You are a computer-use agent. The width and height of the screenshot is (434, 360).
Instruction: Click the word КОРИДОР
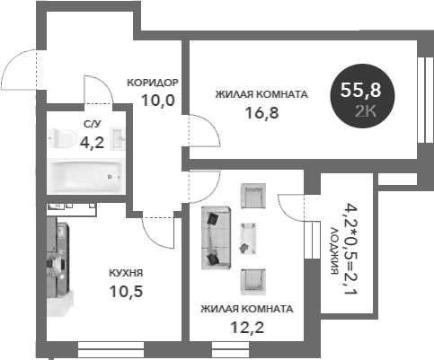(153, 83)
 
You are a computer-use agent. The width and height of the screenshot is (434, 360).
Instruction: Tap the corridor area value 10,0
(158, 101)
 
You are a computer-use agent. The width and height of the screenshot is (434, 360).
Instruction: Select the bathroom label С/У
(93, 124)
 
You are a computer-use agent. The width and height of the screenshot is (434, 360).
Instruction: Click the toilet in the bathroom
(62, 138)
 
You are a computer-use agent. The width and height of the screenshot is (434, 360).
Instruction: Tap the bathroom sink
(118, 139)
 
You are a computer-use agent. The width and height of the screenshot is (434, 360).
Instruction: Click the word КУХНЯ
(126, 273)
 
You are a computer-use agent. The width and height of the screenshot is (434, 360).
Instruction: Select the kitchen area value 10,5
(126, 291)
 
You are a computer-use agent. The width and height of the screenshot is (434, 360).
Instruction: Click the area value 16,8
(261, 113)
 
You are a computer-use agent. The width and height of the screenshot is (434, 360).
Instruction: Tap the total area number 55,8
(360, 90)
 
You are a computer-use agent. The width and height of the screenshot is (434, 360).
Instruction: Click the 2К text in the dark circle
(366, 111)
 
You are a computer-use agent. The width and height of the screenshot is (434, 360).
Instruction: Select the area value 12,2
(247, 327)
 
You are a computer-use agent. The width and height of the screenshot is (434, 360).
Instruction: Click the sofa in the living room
(216, 238)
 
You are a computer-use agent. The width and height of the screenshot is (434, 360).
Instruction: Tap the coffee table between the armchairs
(248, 239)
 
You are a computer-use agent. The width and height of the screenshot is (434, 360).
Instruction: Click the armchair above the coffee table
(253, 197)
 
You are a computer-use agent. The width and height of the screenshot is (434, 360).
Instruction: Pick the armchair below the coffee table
(253, 282)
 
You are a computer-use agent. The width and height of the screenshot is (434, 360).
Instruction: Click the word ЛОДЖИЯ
(334, 250)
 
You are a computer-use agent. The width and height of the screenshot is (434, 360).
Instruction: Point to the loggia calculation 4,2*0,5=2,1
(350, 249)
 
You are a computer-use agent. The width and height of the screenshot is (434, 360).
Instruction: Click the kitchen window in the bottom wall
(111, 349)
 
